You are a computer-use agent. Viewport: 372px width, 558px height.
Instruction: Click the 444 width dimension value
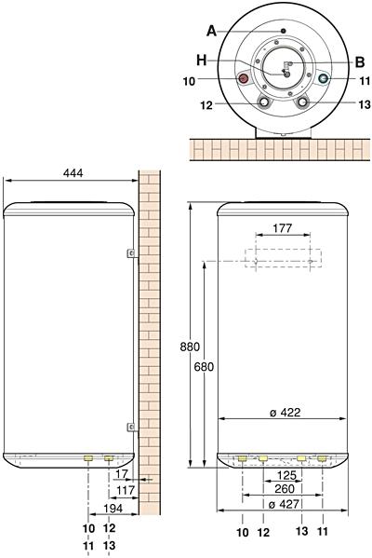73,173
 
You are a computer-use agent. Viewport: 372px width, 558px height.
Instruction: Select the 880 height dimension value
190,347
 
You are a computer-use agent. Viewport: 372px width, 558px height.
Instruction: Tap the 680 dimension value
204,366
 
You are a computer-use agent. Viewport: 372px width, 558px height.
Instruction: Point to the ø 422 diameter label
285,413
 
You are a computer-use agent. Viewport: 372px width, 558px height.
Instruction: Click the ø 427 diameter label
285,504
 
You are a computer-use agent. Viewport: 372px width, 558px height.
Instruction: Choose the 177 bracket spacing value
283,228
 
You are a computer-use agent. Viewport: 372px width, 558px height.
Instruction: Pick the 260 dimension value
285,489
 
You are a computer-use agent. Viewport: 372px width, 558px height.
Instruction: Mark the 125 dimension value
286,475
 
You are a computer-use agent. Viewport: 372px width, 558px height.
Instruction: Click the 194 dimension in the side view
113,509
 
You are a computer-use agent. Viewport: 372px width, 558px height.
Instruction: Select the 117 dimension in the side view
126,490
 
